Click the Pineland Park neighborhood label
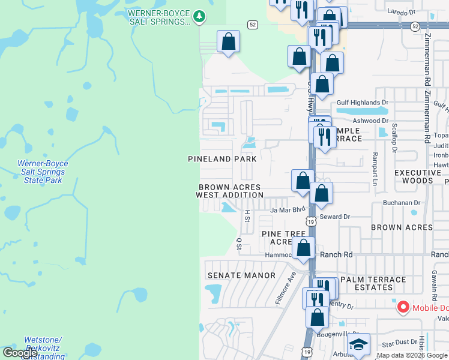[x=222, y=159]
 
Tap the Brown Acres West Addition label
[x=231, y=191]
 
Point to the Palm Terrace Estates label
[x=373, y=284]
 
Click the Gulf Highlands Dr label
[x=358, y=103]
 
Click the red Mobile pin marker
[x=403, y=308]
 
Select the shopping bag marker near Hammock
[x=304, y=247]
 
